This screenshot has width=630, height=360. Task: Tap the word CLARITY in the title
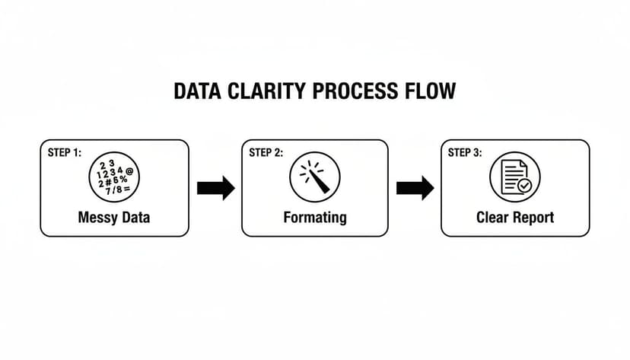pyautogui.click(x=263, y=92)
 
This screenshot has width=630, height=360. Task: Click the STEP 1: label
pyautogui.click(x=64, y=153)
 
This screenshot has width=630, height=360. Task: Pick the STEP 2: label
pyautogui.click(x=266, y=153)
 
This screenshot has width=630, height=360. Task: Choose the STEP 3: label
pyautogui.click(x=465, y=153)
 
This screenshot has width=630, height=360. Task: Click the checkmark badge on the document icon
pyautogui.click(x=525, y=185)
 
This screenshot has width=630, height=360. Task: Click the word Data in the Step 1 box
pyautogui.click(x=135, y=218)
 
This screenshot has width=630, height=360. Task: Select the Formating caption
pyautogui.click(x=315, y=218)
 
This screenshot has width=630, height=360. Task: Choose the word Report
pyautogui.click(x=533, y=218)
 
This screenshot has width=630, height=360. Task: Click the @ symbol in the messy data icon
pyautogui.click(x=129, y=173)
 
